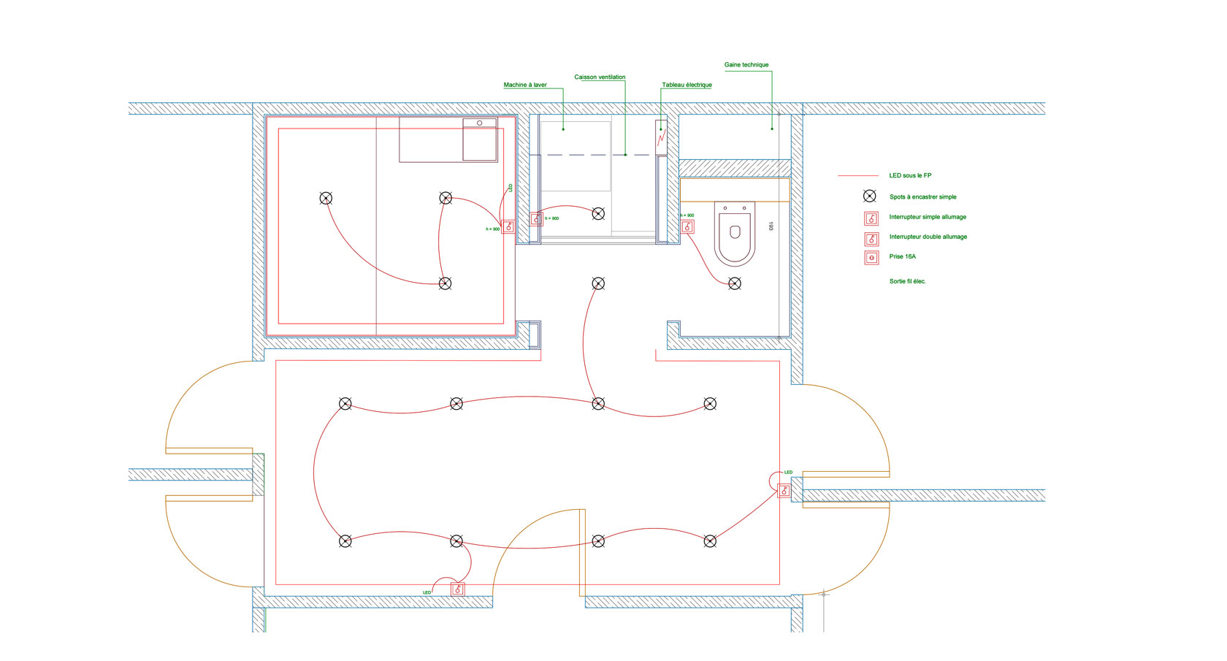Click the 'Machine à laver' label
[525, 85]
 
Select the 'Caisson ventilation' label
[600, 77]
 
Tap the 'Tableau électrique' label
[687, 85]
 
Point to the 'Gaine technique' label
[746, 65]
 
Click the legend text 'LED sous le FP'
[910, 175]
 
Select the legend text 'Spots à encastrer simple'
[922, 196]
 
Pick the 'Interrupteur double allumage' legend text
[928, 237]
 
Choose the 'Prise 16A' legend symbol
[871, 257]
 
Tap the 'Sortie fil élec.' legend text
[907, 281]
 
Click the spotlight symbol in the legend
[869, 196]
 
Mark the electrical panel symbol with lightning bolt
[661, 137]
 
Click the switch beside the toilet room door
[687, 227]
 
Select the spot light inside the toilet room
[735, 283]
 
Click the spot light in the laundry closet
[598, 213]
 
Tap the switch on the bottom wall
[458, 589]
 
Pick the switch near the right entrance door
[784, 491]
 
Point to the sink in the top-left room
[480, 140]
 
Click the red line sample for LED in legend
[858, 176]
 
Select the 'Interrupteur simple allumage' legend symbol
[871, 218]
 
